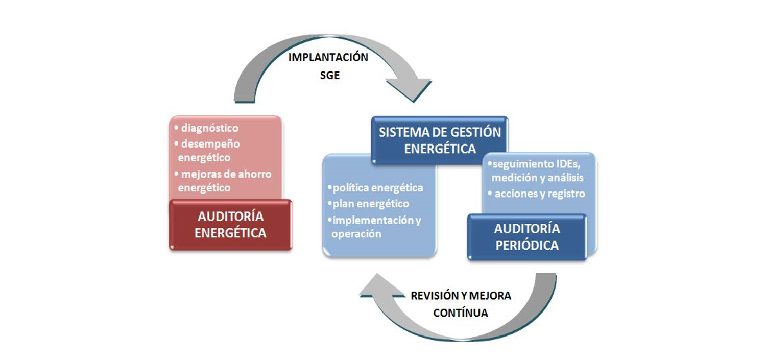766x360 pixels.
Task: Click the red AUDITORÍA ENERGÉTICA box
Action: pos(230,225)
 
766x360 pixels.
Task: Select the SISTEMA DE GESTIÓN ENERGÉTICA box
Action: pos(440,140)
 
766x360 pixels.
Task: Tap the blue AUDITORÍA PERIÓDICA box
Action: pos(526,237)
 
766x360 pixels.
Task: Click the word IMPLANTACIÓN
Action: pos(328,57)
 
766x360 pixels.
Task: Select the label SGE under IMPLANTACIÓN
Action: pos(329,76)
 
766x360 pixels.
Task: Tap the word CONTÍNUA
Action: pos(460,313)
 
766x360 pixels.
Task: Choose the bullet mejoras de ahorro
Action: pos(226,174)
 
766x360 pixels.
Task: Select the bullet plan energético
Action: pos(371,204)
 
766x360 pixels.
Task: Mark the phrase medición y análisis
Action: pos(537,178)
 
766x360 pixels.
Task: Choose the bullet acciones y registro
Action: pos(539,194)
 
